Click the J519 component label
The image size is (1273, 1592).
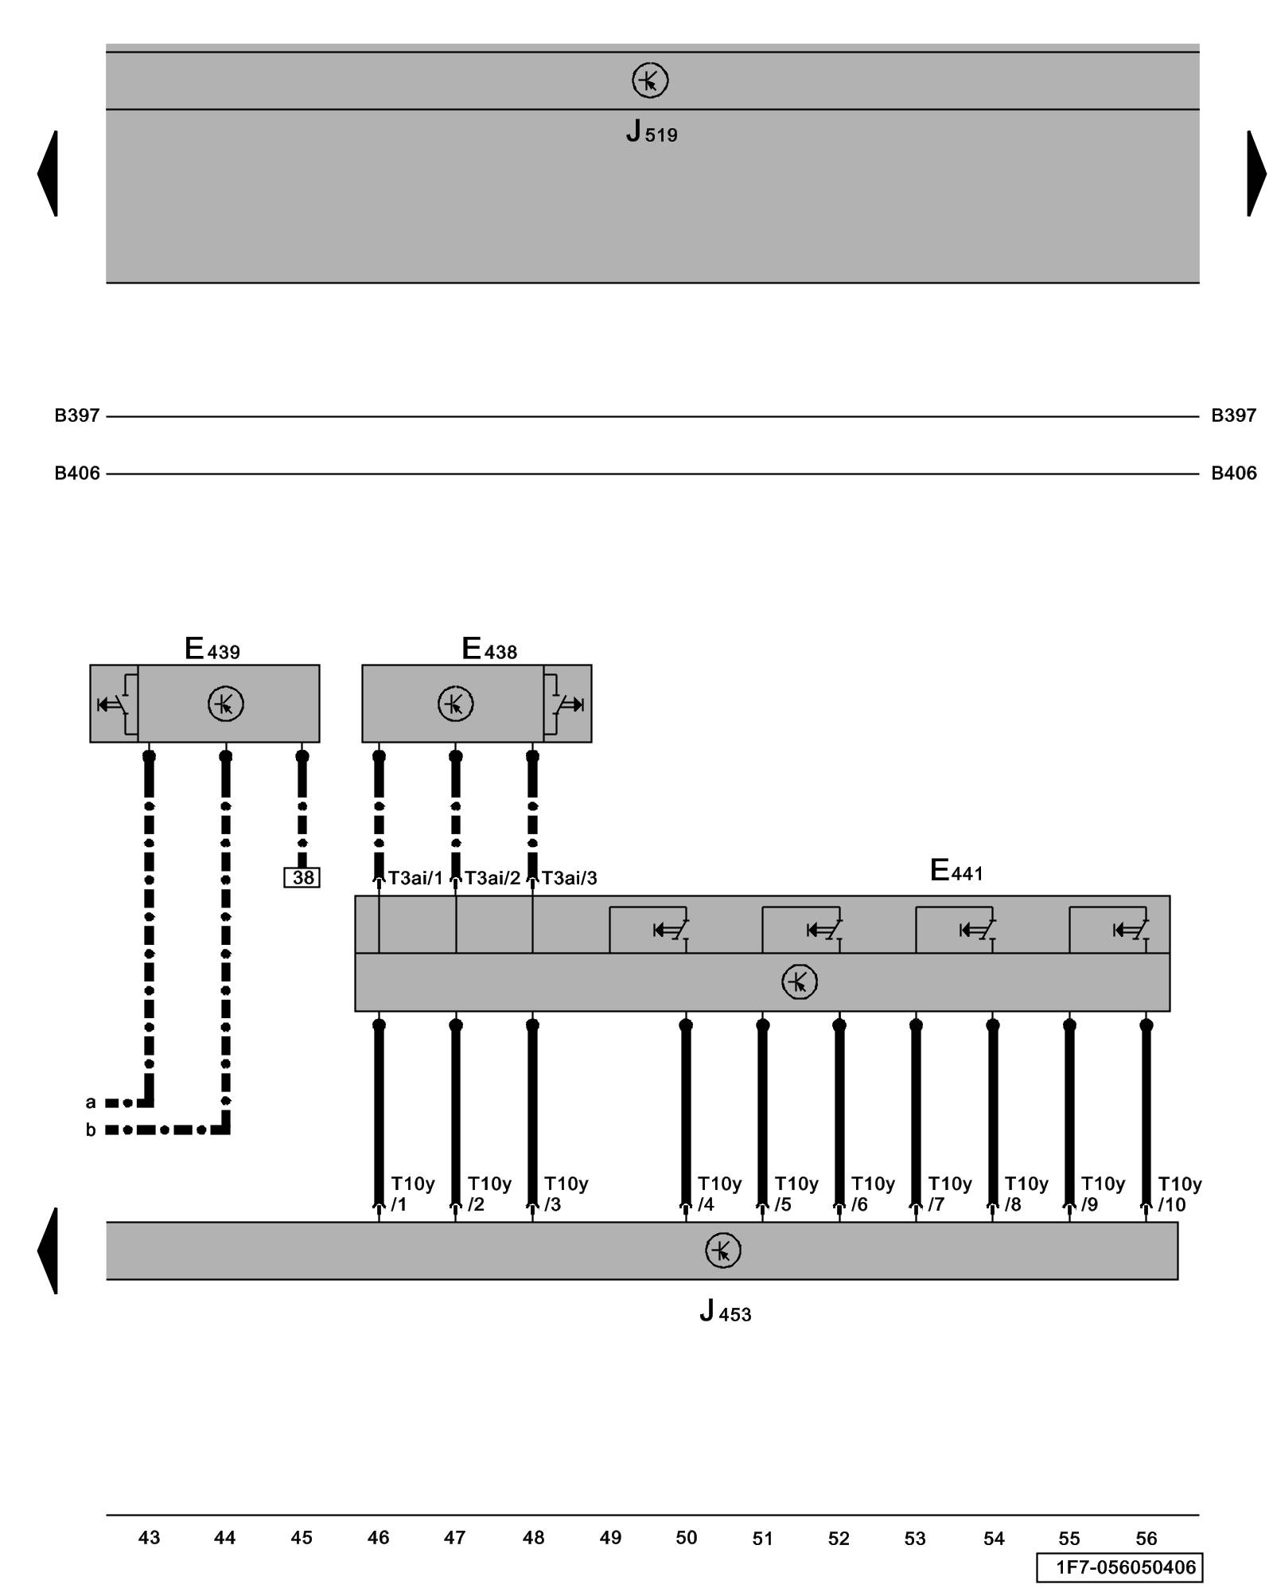pos(651,131)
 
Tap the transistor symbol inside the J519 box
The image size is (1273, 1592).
pos(649,80)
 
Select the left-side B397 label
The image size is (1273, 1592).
pos(76,416)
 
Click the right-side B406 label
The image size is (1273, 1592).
pos(1233,474)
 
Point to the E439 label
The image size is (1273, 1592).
pos(212,650)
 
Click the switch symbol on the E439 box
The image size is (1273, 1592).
pos(114,704)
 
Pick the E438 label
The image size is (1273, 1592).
pos(489,650)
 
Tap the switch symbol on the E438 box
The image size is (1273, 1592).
pos(568,704)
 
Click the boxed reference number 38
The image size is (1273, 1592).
pos(302,877)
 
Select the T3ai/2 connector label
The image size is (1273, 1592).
pos(492,878)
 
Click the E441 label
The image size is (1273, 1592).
pos(956,871)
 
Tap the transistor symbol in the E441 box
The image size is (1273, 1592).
pos(799,981)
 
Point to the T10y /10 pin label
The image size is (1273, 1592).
pos(1179,1194)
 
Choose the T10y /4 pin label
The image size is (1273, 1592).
pos(719,1194)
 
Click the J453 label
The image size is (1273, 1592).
pos(725,1311)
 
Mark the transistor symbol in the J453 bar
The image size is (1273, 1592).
pos(722,1251)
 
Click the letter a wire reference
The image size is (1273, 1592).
pos(91,1102)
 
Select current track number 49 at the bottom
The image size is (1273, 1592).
pos(610,1538)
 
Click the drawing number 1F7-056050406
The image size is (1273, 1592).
pos(1124,1567)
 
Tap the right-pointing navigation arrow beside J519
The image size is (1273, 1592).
pos(1255,173)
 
